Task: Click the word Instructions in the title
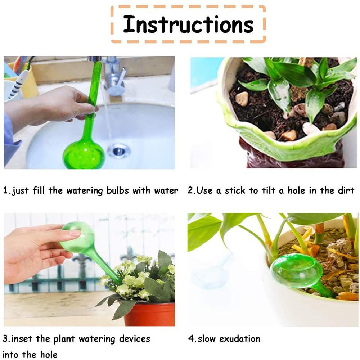(x=188, y=24)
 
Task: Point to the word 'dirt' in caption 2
(x=346, y=190)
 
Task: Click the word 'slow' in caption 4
(x=206, y=339)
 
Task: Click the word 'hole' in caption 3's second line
(x=49, y=355)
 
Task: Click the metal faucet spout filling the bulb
(x=94, y=59)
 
